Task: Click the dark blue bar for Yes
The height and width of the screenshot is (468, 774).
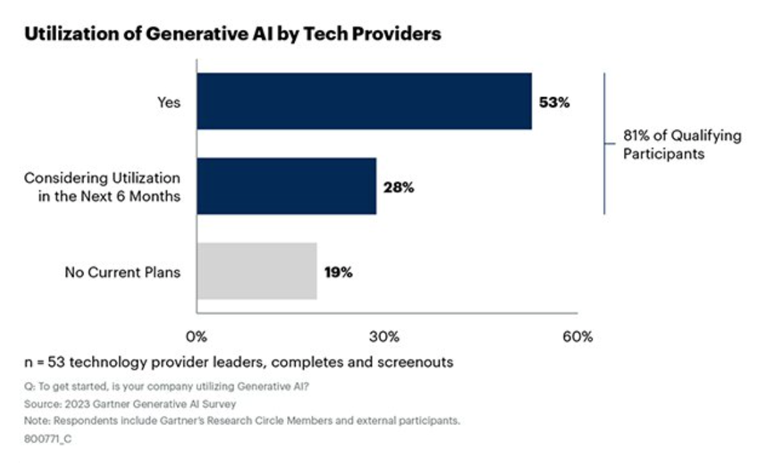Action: [x=364, y=101]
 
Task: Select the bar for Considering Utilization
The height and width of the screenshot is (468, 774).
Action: [x=286, y=186]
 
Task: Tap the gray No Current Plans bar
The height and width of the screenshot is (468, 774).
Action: [x=256, y=271]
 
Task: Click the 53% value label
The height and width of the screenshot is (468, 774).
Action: [x=555, y=102]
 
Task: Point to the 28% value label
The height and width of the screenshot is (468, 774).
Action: [x=399, y=188]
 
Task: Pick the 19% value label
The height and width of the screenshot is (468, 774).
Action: [x=339, y=272]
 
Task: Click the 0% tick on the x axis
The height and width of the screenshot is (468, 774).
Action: [x=196, y=337]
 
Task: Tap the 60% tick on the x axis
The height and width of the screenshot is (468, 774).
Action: [x=578, y=337]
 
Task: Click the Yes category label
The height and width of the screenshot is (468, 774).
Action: [x=168, y=102]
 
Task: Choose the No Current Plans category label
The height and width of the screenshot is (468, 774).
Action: [x=122, y=272]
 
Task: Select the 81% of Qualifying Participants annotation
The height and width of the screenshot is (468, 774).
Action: [x=682, y=145]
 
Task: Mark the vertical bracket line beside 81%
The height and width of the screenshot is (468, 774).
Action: [x=604, y=143]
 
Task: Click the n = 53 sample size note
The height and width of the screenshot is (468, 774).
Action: [x=238, y=361]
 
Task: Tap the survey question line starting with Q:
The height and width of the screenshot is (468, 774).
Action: [x=166, y=386]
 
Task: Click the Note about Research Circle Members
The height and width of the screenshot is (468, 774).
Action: [x=241, y=421]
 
